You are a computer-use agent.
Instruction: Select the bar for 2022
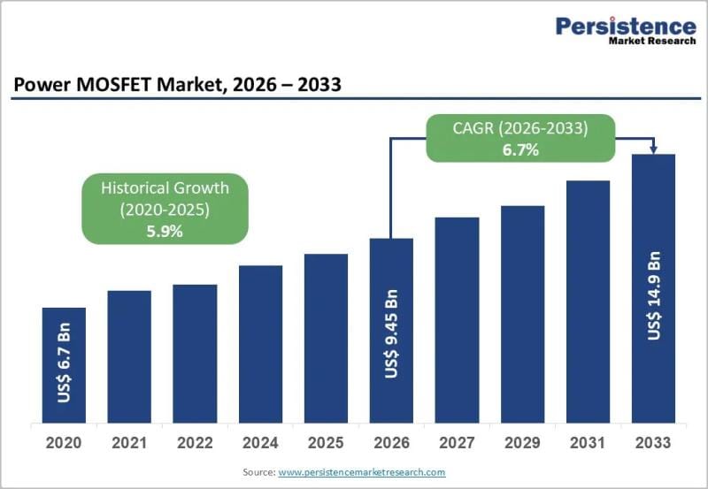pos(195,354)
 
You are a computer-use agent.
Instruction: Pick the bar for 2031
pos(588,302)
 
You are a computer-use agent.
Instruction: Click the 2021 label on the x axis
pos(129,442)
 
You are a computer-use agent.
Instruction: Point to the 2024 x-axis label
pos(260,442)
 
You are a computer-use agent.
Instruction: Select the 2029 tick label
pos(522,442)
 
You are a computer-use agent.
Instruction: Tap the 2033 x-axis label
pos(653,442)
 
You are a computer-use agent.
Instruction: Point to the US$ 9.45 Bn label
pos(391,332)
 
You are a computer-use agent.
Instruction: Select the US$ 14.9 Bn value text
pos(653,295)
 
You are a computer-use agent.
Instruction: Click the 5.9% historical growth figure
pos(164,231)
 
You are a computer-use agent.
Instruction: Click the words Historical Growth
pos(165,187)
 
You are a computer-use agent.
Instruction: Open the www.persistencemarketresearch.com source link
pos(362,473)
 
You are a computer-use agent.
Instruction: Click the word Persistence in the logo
pos(625,26)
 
